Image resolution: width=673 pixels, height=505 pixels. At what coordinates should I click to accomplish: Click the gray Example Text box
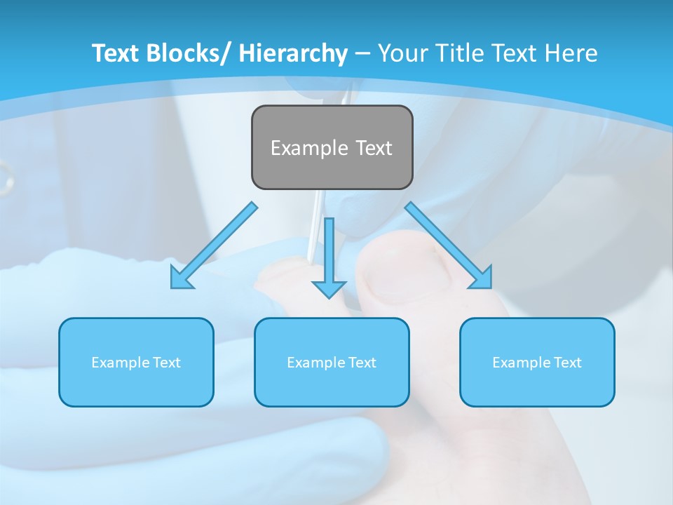click(332, 147)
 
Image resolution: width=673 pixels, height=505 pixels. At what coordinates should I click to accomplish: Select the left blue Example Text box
click(136, 362)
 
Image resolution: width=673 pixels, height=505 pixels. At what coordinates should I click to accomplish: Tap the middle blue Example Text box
click(332, 362)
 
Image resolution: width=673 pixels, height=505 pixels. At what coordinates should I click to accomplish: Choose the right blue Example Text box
click(537, 362)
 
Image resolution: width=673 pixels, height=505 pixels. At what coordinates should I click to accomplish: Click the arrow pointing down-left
click(214, 245)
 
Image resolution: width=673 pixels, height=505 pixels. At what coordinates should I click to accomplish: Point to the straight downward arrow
click(329, 256)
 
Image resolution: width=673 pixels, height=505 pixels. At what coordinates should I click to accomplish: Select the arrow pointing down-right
click(449, 245)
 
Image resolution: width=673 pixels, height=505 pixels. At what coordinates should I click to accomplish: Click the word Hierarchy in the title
click(293, 53)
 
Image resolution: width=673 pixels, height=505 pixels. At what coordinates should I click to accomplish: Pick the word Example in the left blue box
click(120, 363)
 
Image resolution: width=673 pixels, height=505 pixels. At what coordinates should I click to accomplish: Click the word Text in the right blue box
click(567, 363)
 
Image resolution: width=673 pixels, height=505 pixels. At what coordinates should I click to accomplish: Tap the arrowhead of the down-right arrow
click(482, 278)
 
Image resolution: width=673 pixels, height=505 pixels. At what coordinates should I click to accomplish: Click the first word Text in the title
click(116, 53)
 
